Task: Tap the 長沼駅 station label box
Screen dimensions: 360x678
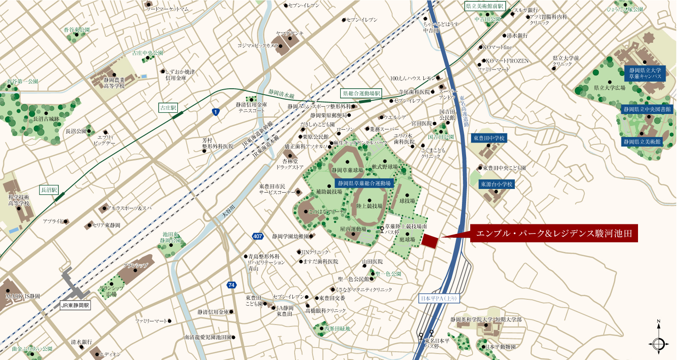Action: [x=48, y=189]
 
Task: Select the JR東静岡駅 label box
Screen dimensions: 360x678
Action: [x=76, y=305]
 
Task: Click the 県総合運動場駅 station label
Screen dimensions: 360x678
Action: [x=362, y=93]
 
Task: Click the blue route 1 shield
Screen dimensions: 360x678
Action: [x=216, y=112]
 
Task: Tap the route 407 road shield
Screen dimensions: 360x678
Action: [x=258, y=236]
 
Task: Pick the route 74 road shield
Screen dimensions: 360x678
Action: [x=231, y=285]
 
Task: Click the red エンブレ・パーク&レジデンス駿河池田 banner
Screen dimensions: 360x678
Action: [x=554, y=234]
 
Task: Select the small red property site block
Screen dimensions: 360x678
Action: [x=430, y=241]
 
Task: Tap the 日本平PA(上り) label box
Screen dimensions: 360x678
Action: [x=439, y=298]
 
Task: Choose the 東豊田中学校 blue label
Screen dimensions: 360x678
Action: [x=489, y=138]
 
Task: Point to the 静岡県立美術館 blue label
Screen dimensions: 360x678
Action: [x=642, y=142]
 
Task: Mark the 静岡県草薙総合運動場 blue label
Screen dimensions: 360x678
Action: [x=365, y=183]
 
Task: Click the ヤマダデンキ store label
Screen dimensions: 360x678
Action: [x=290, y=33]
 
